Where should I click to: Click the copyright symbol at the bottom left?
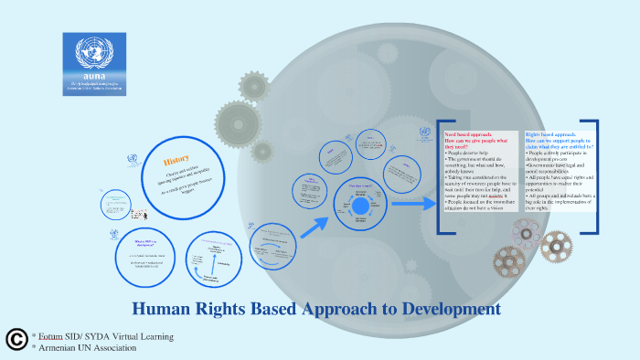(16, 340)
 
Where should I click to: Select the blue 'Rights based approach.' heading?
(550, 133)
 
